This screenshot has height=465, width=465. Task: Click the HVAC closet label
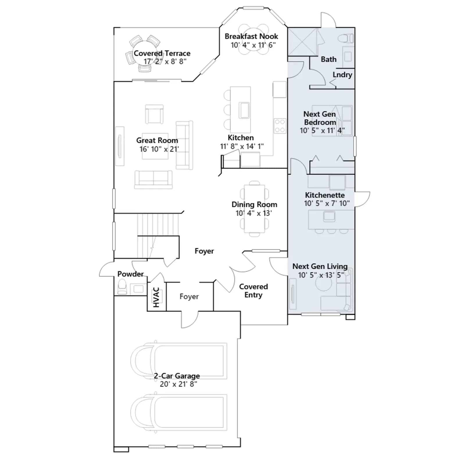pos(156,297)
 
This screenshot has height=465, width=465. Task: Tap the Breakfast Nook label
pos(251,36)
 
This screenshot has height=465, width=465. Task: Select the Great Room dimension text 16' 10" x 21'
pos(159,149)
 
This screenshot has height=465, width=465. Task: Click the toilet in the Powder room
pos(122,287)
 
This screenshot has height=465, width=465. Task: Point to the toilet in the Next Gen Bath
pos(346,38)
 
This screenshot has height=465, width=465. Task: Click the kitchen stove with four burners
pos(280,126)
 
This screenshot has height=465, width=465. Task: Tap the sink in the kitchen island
pos(244,110)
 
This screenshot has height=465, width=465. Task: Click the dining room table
pos(255,209)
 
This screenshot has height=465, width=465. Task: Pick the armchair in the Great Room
pos(154,114)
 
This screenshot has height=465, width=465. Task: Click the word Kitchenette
pos(325,195)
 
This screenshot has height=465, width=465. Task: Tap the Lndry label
pos(342,75)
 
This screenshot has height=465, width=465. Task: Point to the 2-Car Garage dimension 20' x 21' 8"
pos(178,384)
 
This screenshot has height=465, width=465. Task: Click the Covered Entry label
pos(253,291)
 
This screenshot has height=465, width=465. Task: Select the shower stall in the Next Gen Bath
pos(303,42)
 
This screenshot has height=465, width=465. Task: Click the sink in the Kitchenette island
pos(329,216)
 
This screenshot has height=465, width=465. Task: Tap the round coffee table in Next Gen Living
pos(324,283)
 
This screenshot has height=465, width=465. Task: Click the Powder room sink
pos(138,289)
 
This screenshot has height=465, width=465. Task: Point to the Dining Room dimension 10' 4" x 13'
pos(254,213)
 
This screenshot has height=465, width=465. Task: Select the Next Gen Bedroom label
pos(320,118)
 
